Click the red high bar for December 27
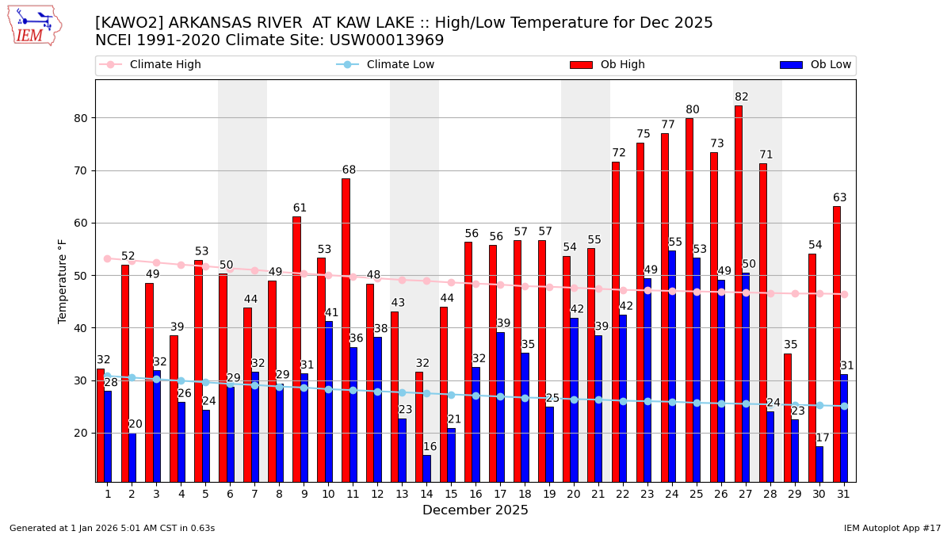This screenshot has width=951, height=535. [738, 293]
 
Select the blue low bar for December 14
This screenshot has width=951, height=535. [427, 468]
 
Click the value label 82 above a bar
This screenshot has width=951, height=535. [741, 97]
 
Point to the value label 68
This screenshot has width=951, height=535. [349, 170]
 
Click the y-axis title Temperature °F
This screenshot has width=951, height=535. [63, 281]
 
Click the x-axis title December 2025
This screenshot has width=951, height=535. [475, 510]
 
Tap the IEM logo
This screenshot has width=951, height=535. [34, 25]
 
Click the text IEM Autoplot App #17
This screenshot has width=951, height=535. [892, 528]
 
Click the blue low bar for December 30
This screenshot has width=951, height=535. [819, 464]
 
